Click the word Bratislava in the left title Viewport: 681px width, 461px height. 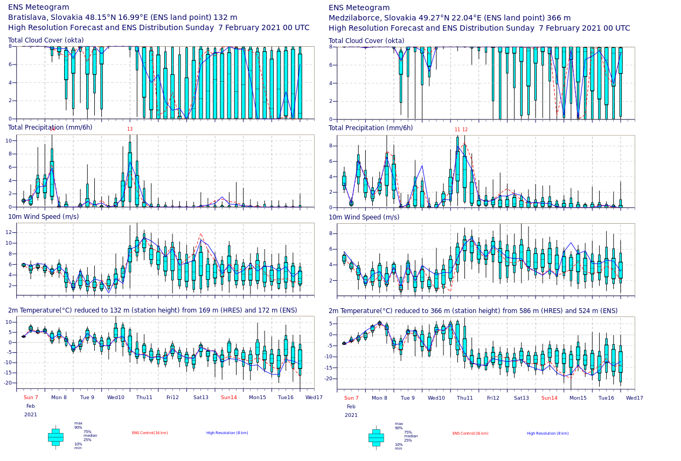click(26, 17)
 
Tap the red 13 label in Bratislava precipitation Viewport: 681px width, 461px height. click(130, 129)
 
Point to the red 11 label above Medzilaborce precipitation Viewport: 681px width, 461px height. click(457, 130)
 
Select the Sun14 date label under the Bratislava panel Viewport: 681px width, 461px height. click(229, 398)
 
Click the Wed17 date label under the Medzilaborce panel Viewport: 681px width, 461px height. click(635, 398)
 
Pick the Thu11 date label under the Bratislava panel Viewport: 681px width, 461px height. click(144, 398)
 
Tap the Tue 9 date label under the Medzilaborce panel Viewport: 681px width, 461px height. click(408, 398)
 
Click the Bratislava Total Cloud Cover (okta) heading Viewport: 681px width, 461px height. click(46, 40)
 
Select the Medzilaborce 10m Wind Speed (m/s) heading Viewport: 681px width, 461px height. click(364, 217)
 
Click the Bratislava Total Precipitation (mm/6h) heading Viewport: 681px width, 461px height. click(50, 127)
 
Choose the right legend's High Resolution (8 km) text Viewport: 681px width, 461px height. click(547, 434)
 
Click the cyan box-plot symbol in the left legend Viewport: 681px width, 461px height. click(55, 437)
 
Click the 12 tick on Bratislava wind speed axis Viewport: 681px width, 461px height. click(9, 232)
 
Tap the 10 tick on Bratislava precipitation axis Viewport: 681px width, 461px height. click(9, 141)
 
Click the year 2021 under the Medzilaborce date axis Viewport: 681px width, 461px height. click(351, 415)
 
